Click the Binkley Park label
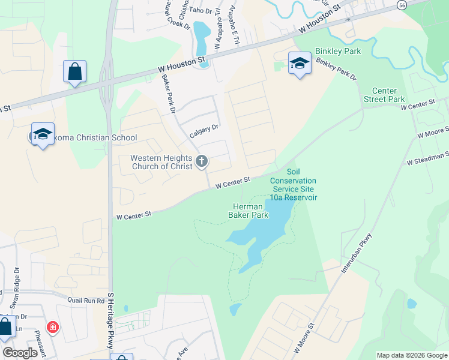(x=338, y=52)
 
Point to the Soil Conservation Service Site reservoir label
(x=293, y=184)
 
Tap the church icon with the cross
(x=202, y=161)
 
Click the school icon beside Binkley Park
(x=299, y=62)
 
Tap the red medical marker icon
(x=53, y=328)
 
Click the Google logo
(x=20, y=353)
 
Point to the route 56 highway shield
(x=401, y=4)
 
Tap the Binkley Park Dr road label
(x=336, y=70)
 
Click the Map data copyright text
(x=411, y=355)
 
